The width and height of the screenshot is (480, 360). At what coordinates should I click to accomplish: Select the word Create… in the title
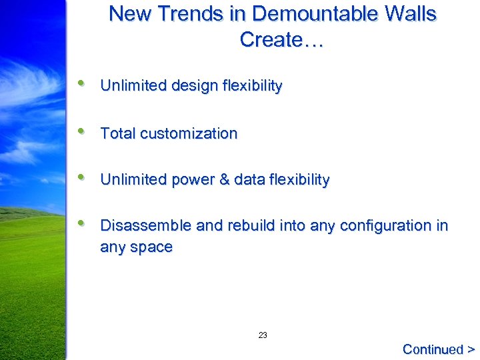[281, 40]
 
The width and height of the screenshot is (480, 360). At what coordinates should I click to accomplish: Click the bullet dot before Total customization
[81, 131]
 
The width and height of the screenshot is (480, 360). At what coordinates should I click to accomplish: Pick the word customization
[188, 133]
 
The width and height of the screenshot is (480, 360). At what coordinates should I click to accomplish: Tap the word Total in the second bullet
[117, 133]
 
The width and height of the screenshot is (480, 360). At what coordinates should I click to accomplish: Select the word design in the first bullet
[194, 86]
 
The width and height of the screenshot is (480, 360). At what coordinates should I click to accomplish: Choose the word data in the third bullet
[250, 180]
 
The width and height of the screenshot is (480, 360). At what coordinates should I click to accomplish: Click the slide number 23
[263, 335]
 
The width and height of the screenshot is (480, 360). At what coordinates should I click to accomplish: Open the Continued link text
[433, 349]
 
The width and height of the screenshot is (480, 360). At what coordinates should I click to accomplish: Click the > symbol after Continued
[471, 349]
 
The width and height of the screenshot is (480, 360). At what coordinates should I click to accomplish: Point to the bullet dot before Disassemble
[81, 223]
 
